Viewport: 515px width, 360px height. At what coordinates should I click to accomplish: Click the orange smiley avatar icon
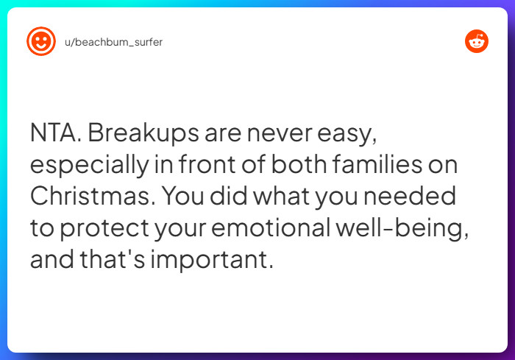(41, 41)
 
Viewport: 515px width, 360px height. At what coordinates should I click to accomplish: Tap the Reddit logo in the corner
(477, 41)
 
